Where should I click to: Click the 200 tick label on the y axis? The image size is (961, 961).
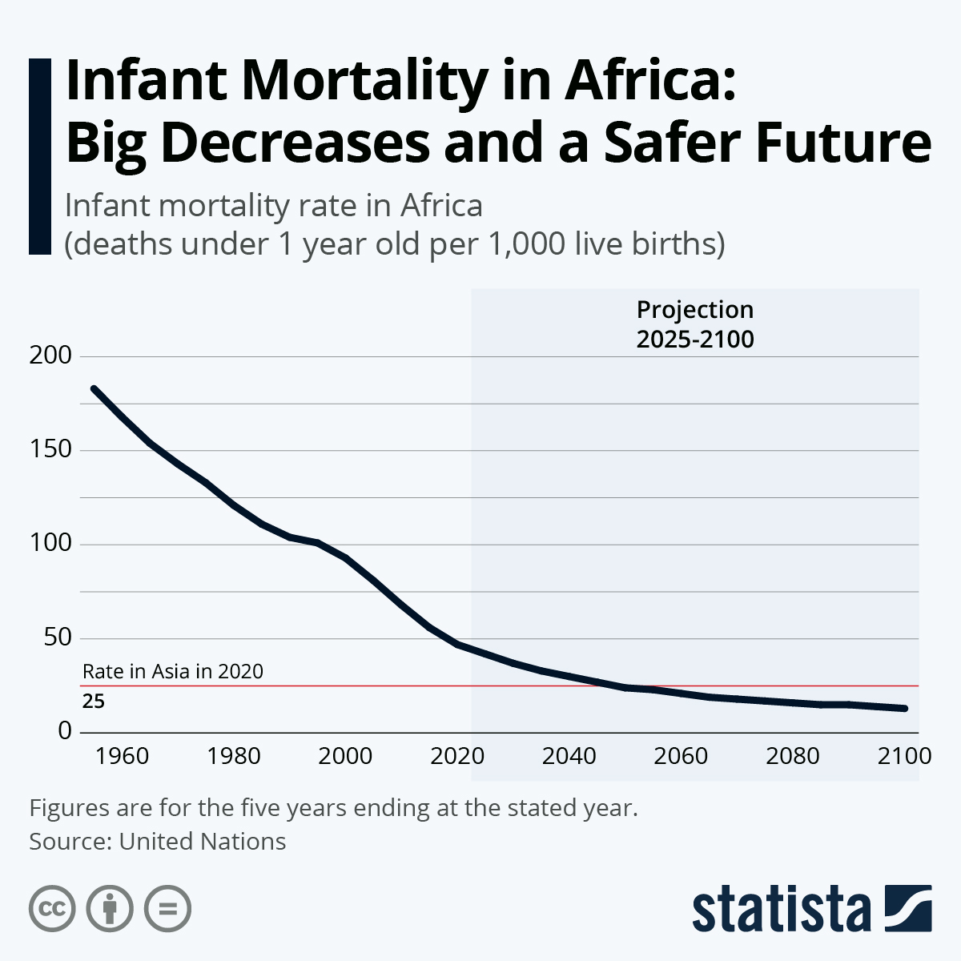tap(50, 356)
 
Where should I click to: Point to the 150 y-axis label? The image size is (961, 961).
tap(50, 450)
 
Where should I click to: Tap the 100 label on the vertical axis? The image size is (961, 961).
tap(50, 545)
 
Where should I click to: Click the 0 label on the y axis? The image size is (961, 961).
tap(65, 731)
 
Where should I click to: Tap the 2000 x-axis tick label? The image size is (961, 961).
tap(346, 756)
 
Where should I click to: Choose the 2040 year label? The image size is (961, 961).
tap(569, 756)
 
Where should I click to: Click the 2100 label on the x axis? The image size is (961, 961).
tap(904, 756)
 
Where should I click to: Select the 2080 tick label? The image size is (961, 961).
tap(793, 756)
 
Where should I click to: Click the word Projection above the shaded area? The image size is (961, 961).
tap(695, 310)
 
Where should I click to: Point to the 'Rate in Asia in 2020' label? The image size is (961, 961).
tap(173, 671)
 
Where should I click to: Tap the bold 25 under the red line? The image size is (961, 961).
tap(94, 702)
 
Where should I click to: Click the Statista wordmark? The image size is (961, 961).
tap(782, 909)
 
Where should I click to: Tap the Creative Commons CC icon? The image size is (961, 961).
tap(52, 909)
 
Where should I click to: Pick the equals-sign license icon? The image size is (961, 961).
tap(167, 909)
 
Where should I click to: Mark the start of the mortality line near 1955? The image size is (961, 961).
tap(94, 388)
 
